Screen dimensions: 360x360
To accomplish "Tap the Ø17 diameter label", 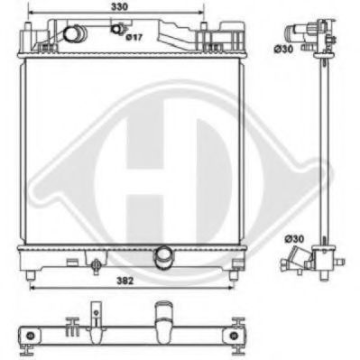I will [133, 38].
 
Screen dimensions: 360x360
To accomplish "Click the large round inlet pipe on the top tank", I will [72, 34].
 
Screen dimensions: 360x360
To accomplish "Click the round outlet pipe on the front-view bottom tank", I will [163, 257].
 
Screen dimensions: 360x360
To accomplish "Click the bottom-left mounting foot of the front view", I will [32, 273].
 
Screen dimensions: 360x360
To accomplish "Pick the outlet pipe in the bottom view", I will [163, 321].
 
